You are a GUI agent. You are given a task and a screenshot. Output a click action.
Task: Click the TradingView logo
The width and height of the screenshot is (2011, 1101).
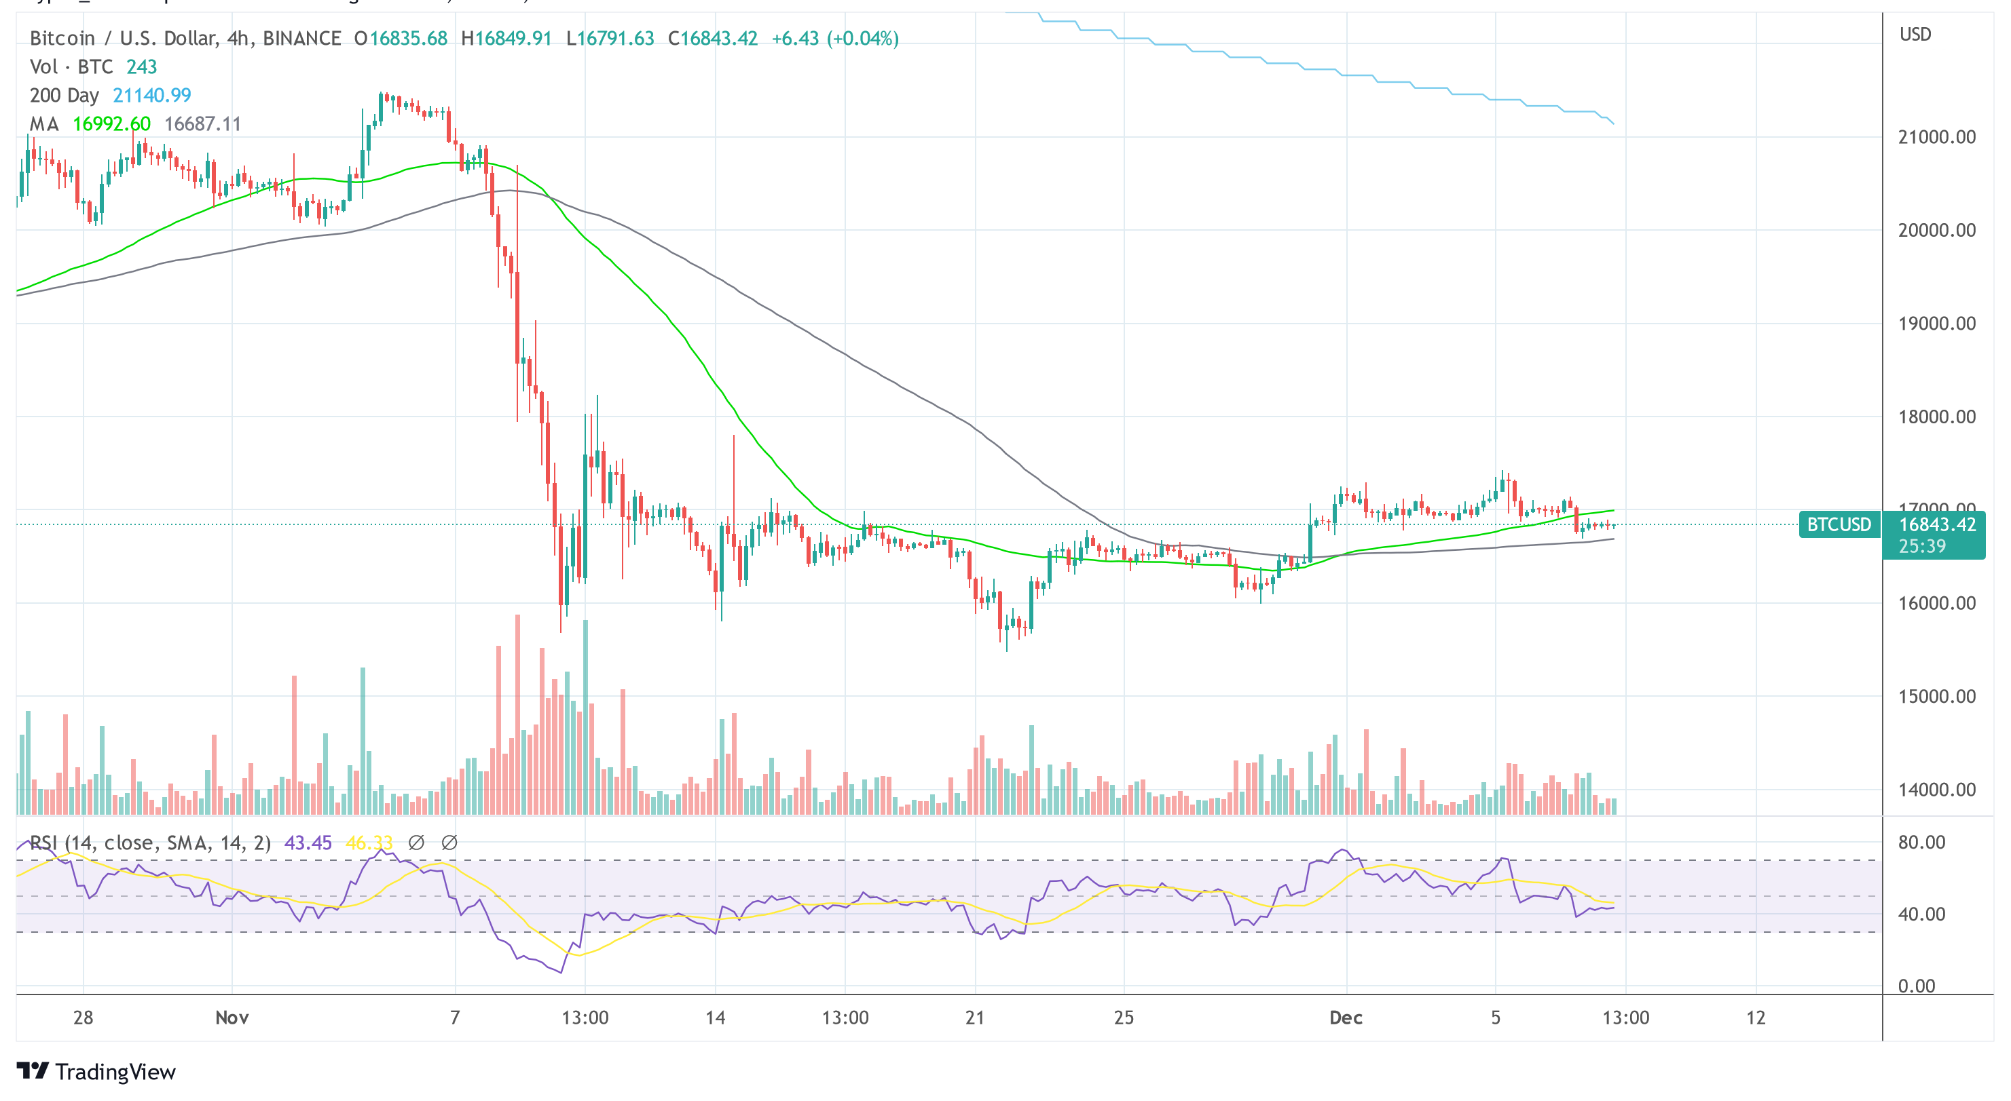point(96,1071)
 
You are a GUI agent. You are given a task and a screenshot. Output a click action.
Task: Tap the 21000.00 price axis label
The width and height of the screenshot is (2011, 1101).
point(1936,137)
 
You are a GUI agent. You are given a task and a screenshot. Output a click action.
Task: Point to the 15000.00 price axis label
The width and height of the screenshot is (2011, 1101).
point(1936,696)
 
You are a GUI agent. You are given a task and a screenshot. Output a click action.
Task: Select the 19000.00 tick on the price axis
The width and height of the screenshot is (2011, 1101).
point(1936,324)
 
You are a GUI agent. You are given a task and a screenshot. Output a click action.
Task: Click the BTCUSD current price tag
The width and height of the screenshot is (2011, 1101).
point(1839,524)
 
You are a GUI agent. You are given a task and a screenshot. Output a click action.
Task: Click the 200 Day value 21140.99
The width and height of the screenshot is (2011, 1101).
point(151,95)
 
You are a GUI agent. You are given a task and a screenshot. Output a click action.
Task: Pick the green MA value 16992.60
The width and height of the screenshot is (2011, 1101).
point(111,124)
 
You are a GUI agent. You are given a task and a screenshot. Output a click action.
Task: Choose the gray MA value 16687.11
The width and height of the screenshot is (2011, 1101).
point(202,124)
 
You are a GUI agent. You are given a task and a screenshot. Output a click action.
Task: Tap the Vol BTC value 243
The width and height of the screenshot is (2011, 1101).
point(141,67)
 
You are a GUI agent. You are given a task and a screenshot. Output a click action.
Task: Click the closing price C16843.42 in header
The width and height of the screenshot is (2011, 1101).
point(713,38)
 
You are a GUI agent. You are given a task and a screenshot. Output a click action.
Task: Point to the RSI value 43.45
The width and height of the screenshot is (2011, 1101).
point(308,843)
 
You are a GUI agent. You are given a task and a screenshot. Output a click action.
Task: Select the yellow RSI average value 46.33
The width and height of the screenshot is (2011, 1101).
point(369,843)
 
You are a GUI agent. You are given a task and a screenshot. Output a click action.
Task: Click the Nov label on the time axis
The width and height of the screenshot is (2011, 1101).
point(232,1018)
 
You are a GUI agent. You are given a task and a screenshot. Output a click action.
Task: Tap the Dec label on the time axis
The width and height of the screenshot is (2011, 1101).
point(1346,1018)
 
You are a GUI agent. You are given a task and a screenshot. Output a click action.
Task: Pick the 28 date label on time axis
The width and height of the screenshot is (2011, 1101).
point(83,1018)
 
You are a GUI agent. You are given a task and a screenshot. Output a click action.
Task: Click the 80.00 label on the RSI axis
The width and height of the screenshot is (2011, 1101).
point(1921,842)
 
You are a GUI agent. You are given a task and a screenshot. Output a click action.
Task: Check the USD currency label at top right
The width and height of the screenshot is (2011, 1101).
point(1915,35)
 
